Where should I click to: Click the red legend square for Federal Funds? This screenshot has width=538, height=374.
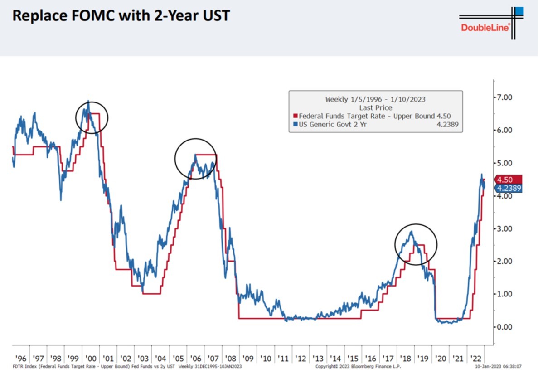[x=296, y=116]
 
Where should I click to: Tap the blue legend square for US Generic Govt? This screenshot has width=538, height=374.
[x=296, y=124]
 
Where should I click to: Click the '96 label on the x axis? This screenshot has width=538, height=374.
[x=20, y=358]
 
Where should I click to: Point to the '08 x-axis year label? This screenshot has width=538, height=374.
[x=231, y=358]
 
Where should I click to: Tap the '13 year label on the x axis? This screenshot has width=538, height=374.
[x=318, y=358]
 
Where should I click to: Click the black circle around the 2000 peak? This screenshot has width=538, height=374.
[x=92, y=117]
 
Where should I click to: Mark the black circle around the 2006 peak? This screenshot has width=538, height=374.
[x=195, y=159]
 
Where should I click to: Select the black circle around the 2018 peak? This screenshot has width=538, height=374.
[x=416, y=245]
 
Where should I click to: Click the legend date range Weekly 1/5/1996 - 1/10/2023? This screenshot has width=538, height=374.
[x=375, y=99]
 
